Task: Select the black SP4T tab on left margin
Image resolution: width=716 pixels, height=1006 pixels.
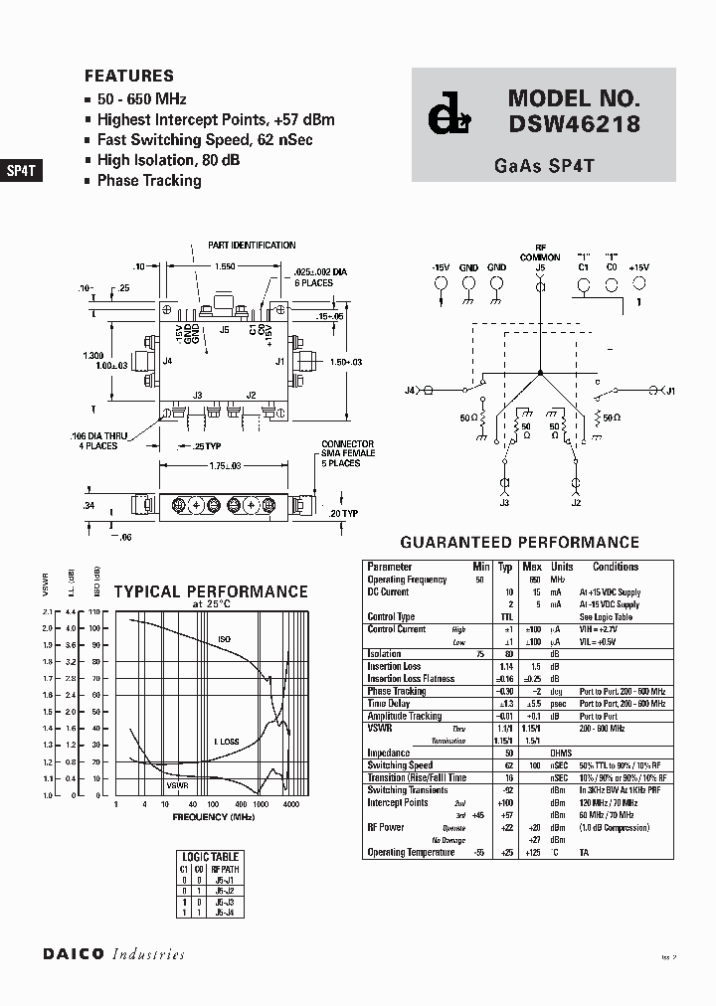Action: tap(21, 170)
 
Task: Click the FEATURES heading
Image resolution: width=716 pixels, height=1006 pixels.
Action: tap(129, 76)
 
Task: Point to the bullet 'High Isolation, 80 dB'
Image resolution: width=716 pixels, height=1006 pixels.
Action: tap(168, 160)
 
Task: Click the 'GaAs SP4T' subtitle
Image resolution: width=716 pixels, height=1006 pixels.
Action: tap(544, 166)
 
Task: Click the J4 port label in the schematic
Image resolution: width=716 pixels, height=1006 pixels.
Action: tap(410, 391)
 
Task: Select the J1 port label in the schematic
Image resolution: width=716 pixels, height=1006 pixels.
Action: tap(670, 391)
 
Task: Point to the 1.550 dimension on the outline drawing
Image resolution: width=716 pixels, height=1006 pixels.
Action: tap(225, 267)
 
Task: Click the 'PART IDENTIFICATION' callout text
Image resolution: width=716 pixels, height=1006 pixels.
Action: tap(252, 245)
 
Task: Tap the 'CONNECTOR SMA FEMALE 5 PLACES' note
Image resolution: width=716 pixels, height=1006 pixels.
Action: tap(347, 454)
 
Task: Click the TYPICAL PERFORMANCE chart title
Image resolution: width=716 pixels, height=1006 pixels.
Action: tap(211, 591)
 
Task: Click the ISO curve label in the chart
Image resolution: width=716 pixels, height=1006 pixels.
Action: tap(224, 639)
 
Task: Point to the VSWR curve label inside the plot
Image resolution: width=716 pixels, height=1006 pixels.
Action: tap(177, 785)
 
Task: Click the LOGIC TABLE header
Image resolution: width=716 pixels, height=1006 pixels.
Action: tap(211, 856)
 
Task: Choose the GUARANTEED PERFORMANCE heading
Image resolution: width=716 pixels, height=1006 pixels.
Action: tap(519, 543)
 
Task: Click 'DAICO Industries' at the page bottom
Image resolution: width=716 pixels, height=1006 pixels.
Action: tap(113, 954)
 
